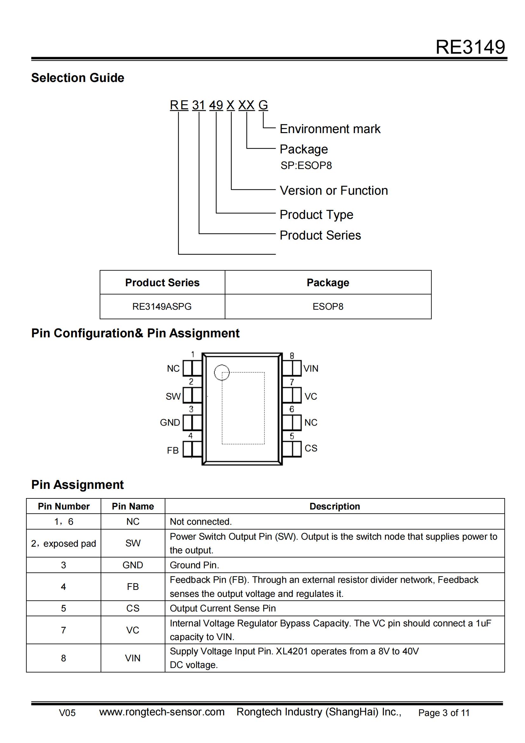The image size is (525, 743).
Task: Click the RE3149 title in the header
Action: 470,47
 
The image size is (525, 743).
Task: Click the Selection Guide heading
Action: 77,78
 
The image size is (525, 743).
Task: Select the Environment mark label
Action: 330,129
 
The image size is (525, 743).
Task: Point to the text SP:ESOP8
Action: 306,166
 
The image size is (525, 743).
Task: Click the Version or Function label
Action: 334,191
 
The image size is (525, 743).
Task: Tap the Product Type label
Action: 316,214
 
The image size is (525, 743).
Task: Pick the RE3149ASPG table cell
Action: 162,307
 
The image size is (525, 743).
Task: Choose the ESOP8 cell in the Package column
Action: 328,307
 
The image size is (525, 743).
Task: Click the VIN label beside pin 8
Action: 311,368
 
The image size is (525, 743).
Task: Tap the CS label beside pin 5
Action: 311,448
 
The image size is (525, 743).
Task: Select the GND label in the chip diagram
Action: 170,422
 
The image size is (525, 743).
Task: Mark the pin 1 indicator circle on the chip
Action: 222,372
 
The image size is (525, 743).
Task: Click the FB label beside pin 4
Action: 173,450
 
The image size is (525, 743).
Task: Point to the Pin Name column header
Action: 133,506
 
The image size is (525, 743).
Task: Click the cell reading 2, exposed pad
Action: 63,543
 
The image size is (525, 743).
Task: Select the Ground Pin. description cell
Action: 194,565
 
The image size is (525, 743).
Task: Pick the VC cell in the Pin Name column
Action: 133,630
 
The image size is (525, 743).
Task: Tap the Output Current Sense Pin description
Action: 223,608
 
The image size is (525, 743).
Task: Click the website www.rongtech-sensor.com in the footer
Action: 162,712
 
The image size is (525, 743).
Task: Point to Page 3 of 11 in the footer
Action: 443,713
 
